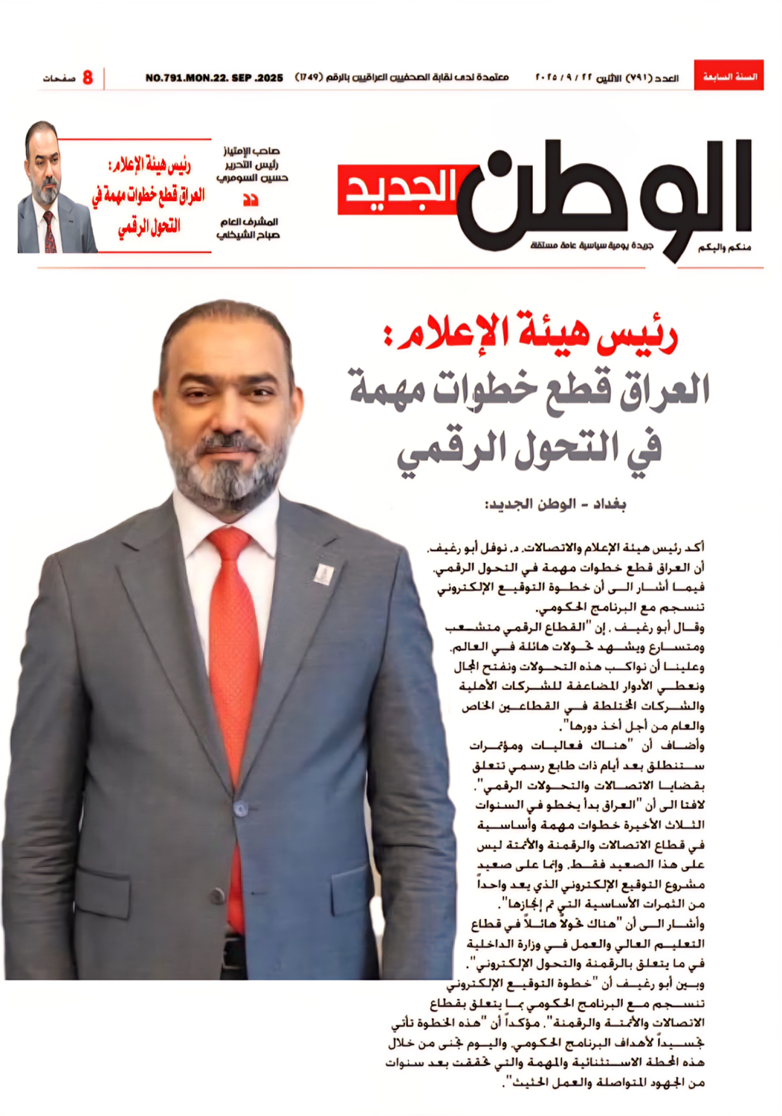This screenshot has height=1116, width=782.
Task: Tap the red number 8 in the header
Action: (88, 77)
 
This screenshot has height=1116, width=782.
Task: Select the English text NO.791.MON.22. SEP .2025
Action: (214, 78)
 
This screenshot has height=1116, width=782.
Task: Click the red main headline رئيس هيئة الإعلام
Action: (530, 335)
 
